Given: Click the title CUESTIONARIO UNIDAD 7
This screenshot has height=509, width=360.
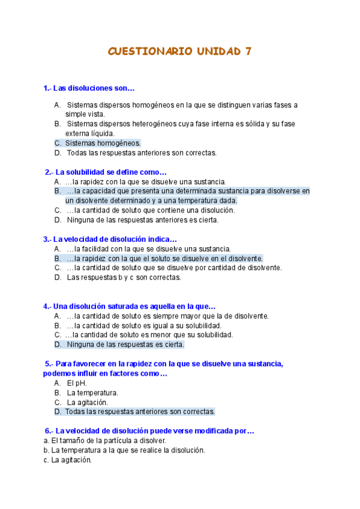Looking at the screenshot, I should tap(179, 52).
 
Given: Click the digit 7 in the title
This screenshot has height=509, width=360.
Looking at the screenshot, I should tap(248, 52).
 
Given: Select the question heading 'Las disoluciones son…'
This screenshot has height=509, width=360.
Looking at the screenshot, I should tap(89, 88).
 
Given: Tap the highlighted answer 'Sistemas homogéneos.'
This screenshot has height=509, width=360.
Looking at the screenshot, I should tap(103, 143).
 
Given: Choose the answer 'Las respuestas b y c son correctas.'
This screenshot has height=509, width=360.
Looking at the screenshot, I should tap(124, 277).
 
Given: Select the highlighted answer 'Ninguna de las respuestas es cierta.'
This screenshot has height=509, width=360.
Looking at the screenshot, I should tap(125, 345).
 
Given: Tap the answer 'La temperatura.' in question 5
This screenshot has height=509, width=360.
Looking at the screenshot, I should tap(92, 393).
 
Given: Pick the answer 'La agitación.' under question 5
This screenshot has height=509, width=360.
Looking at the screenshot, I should tap(88, 402).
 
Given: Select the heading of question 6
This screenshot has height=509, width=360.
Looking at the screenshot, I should tap(150, 430).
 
